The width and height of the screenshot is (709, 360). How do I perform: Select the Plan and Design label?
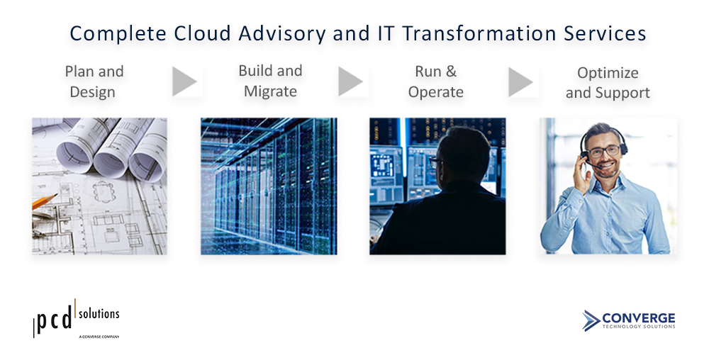click(94, 81)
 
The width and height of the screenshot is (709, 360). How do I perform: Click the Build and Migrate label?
click(270, 81)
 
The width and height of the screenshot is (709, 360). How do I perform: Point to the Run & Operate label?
click(436, 81)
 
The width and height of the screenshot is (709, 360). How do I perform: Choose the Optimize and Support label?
click(608, 83)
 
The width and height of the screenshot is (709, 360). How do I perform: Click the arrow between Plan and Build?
click(184, 81)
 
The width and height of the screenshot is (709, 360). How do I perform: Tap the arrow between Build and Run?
click(350, 81)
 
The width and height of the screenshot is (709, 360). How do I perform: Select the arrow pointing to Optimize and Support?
click(520, 81)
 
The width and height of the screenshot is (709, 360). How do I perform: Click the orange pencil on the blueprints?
click(44, 201)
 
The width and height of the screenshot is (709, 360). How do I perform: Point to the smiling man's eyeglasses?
click(605, 151)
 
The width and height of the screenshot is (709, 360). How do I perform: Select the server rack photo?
click(269, 186)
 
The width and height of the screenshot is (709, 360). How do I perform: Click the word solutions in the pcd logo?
click(99, 313)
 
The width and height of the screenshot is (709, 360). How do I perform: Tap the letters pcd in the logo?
click(54, 320)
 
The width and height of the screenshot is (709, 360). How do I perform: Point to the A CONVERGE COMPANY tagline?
click(99, 337)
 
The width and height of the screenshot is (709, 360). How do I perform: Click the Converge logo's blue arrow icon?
click(591, 320)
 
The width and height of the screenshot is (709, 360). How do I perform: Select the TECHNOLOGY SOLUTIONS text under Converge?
click(639, 326)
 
